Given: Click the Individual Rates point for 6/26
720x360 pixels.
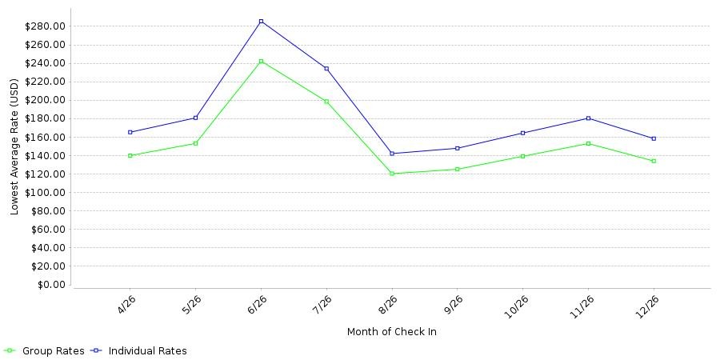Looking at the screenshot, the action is pyautogui.click(x=262, y=21).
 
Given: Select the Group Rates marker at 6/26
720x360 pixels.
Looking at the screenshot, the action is pyautogui.click(x=262, y=61).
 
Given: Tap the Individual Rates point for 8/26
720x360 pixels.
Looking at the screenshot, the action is pyautogui.click(x=392, y=154).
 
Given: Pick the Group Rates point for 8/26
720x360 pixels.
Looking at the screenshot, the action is pyautogui.click(x=392, y=174).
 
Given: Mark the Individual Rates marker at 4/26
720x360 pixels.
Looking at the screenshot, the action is pyautogui.click(x=130, y=132).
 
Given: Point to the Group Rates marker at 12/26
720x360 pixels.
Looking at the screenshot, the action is pyautogui.click(x=654, y=161).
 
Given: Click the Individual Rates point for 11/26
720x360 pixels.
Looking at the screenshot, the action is pyautogui.click(x=588, y=118).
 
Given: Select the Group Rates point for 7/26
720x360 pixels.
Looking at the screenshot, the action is pyautogui.click(x=326, y=102).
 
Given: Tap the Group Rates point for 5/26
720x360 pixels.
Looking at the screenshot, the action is pyautogui.click(x=196, y=143).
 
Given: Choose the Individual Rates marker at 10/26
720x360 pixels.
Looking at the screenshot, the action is pyautogui.click(x=523, y=133).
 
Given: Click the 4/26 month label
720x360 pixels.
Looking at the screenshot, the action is pyautogui.click(x=123, y=305).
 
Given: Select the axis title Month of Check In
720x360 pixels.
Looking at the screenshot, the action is pyautogui.click(x=392, y=331).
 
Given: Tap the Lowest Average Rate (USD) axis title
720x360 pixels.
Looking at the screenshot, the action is pyautogui.click(x=14, y=147).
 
